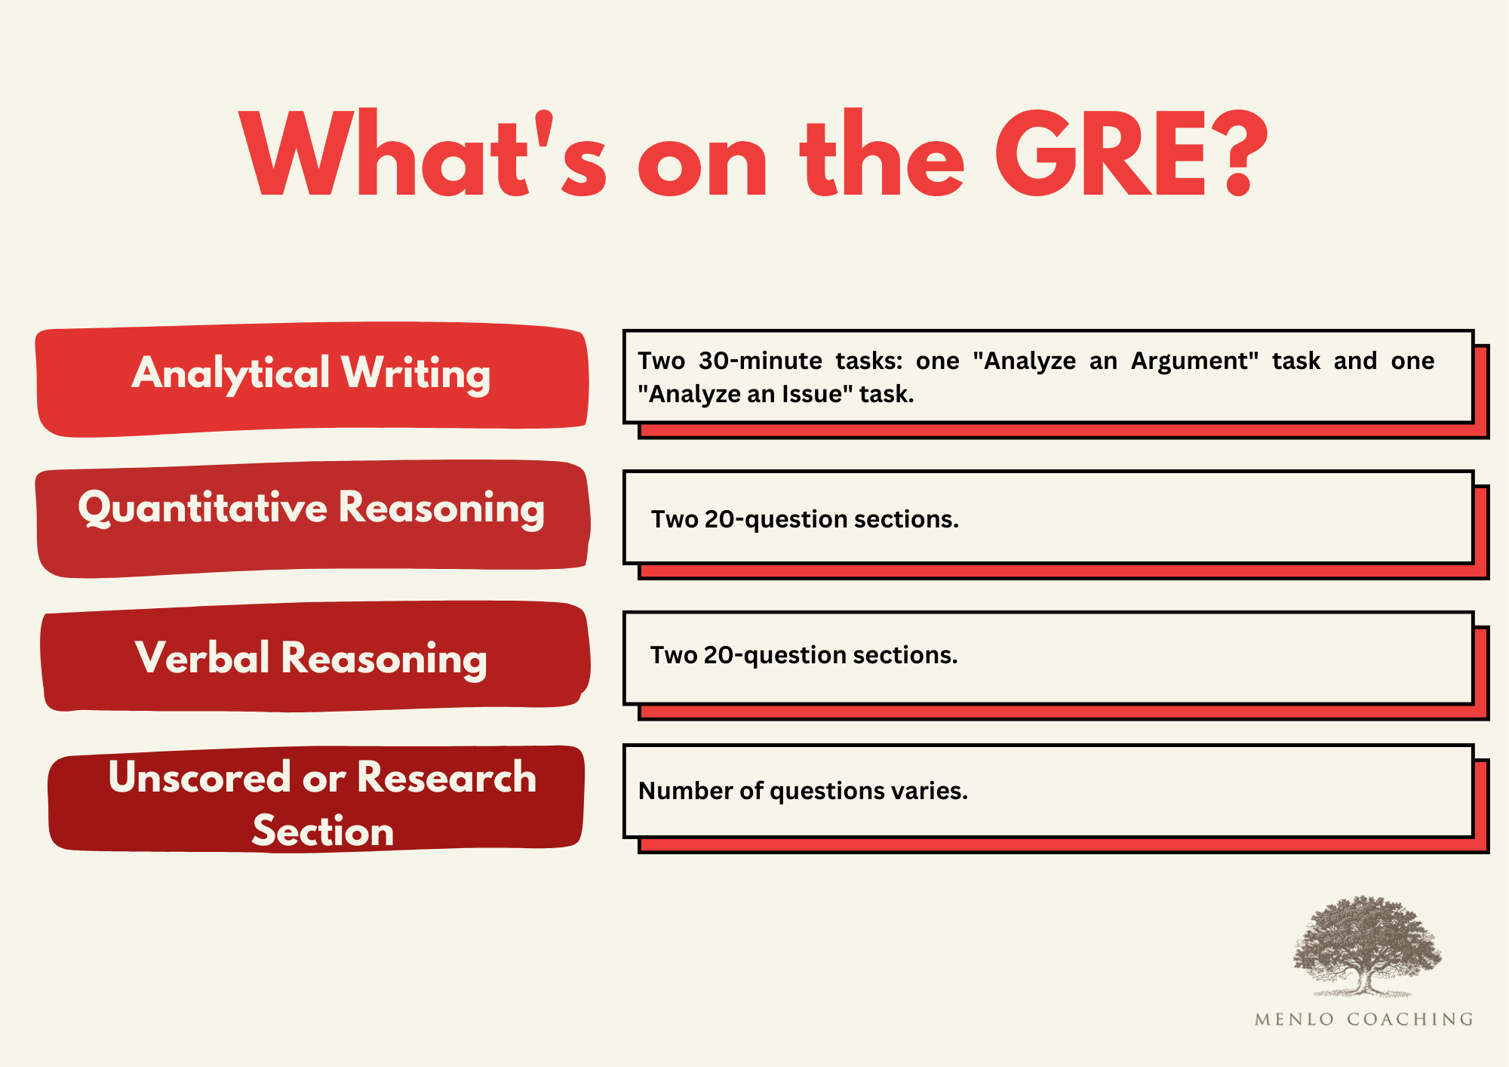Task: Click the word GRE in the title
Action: click(x=1102, y=155)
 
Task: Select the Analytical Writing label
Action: click(x=311, y=374)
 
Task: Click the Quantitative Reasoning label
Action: click(x=311, y=508)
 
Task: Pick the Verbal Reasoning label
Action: click(x=311, y=658)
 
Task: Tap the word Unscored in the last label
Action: click(x=199, y=777)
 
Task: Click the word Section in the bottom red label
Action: click(x=323, y=832)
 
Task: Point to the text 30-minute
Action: click(x=760, y=361)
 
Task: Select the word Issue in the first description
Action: click(x=810, y=394)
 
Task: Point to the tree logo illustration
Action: click(x=1366, y=947)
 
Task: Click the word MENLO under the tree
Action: click(x=1294, y=1019)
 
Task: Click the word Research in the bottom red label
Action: click(x=446, y=777)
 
